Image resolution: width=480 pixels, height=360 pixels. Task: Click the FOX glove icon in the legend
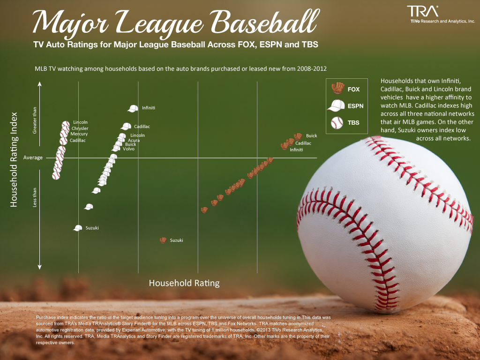pos(337,88)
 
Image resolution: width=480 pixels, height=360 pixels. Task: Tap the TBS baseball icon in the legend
pos(337,123)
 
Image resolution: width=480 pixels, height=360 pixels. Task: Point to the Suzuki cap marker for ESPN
pos(78,228)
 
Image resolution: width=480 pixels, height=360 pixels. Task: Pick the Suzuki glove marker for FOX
pos(163,240)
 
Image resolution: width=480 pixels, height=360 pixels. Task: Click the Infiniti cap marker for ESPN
pos(133,108)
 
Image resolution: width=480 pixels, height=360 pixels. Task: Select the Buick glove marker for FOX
pos(298,136)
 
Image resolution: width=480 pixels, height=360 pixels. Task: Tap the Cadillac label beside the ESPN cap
pos(142,127)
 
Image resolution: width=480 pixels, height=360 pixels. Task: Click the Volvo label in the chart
pos(128,149)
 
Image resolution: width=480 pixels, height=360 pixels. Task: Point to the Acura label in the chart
pos(134,140)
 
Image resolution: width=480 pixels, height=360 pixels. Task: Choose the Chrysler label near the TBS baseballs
pos(80,128)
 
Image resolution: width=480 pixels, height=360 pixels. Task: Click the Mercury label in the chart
pos(79,134)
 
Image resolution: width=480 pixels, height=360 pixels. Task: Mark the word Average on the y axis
pos(33,157)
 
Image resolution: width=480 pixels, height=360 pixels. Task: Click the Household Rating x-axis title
pos(184,283)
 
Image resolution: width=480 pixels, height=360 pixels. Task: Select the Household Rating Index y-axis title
pos(14,159)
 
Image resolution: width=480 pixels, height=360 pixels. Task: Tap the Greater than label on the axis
pos(34,121)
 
